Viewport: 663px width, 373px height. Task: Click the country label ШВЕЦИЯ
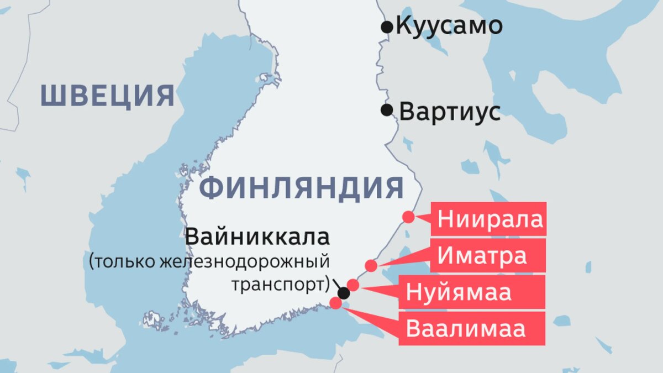(x=108, y=96)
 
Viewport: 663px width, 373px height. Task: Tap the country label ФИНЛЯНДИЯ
(x=301, y=188)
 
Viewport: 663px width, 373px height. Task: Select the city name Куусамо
(x=449, y=26)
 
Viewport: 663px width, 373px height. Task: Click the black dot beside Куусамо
(x=387, y=26)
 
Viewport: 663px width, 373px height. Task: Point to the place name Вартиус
(x=450, y=112)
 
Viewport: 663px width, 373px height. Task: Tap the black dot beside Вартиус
(x=387, y=110)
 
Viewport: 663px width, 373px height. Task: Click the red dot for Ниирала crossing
(x=408, y=217)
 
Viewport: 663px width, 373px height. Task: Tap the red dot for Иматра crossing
(x=371, y=266)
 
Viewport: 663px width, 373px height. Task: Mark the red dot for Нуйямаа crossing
(x=353, y=285)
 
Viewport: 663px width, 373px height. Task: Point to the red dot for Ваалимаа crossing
(x=335, y=303)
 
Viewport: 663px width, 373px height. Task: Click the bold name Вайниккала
(x=257, y=237)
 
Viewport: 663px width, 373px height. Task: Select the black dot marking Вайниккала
(x=344, y=293)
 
